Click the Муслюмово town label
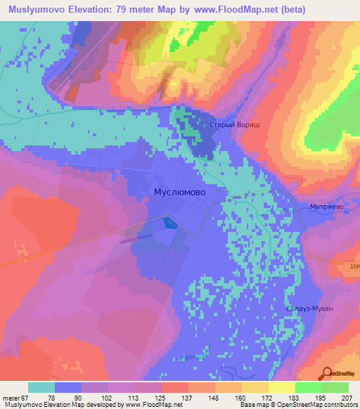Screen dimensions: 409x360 coord(179,191)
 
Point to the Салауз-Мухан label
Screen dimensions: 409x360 coord(309,309)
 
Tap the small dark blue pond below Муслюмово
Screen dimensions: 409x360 coord(169,223)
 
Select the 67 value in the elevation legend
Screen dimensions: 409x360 coord(27,398)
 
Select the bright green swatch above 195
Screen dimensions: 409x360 coord(309,387)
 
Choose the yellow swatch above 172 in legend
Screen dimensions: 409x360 coord(255,387)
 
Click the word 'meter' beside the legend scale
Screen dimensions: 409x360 coord(11,398)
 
